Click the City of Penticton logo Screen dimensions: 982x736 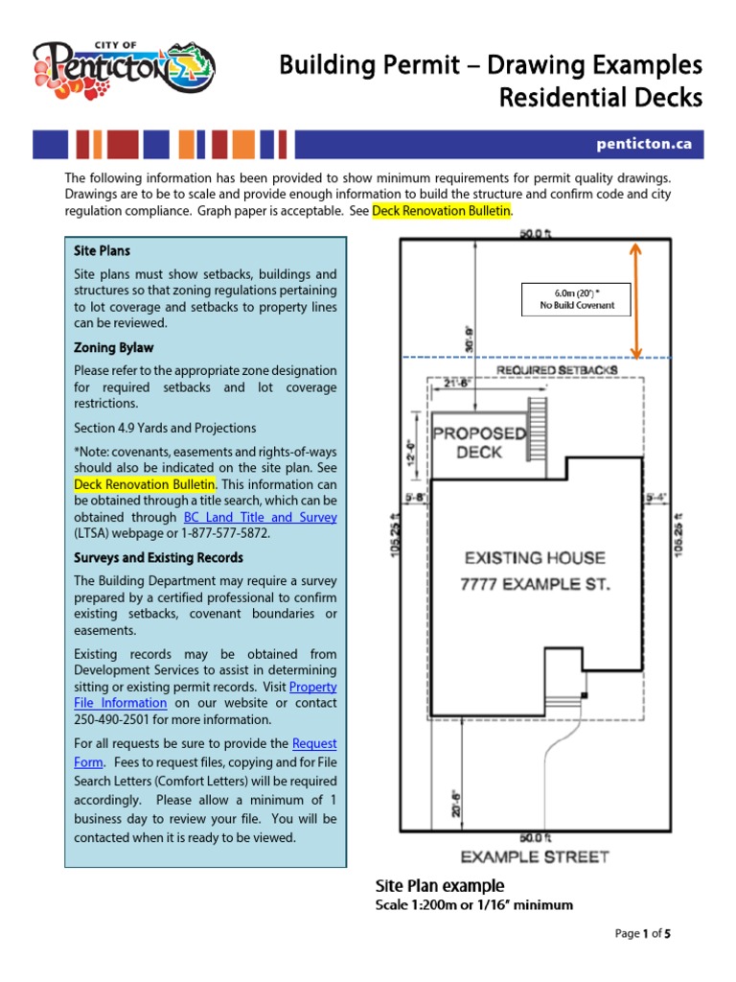[x=124, y=69]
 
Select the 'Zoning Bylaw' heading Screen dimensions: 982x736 [x=113, y=347]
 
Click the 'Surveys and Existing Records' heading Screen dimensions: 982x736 [x=158, y=557]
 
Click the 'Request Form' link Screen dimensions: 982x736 [x=313, y=744]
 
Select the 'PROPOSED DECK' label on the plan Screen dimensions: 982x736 [x=479, y=442]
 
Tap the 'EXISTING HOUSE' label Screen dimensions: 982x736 [x=534, y=557]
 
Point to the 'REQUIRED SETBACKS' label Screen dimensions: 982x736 [x=556, y=369]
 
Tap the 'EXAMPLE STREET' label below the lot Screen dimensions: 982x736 [x=534, y=856]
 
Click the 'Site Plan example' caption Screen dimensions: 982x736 [x=440, y=885]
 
